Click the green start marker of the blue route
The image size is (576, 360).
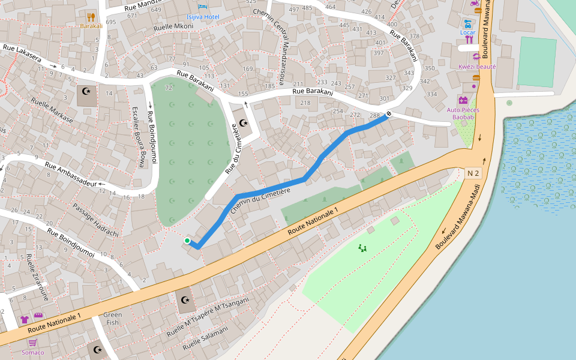point(187,241)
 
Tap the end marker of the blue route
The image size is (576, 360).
point(389,114)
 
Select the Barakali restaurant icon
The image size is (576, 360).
point(91,17)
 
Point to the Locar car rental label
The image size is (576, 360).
point(467,32)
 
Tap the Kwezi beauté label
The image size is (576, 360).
point(477,67)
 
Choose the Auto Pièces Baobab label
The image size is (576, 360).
point(460,113)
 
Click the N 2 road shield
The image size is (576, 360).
point(473,173)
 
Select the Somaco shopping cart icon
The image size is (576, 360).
point(33,343)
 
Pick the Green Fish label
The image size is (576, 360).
point(112,319)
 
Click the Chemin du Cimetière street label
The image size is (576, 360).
point(260,199)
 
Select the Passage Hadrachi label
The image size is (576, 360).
point(96,220)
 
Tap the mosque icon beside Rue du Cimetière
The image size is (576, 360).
point(244,122)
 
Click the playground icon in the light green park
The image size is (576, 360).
point(362,248)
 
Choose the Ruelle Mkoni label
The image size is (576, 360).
point(173,27)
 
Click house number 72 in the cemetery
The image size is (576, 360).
point(169,88)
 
